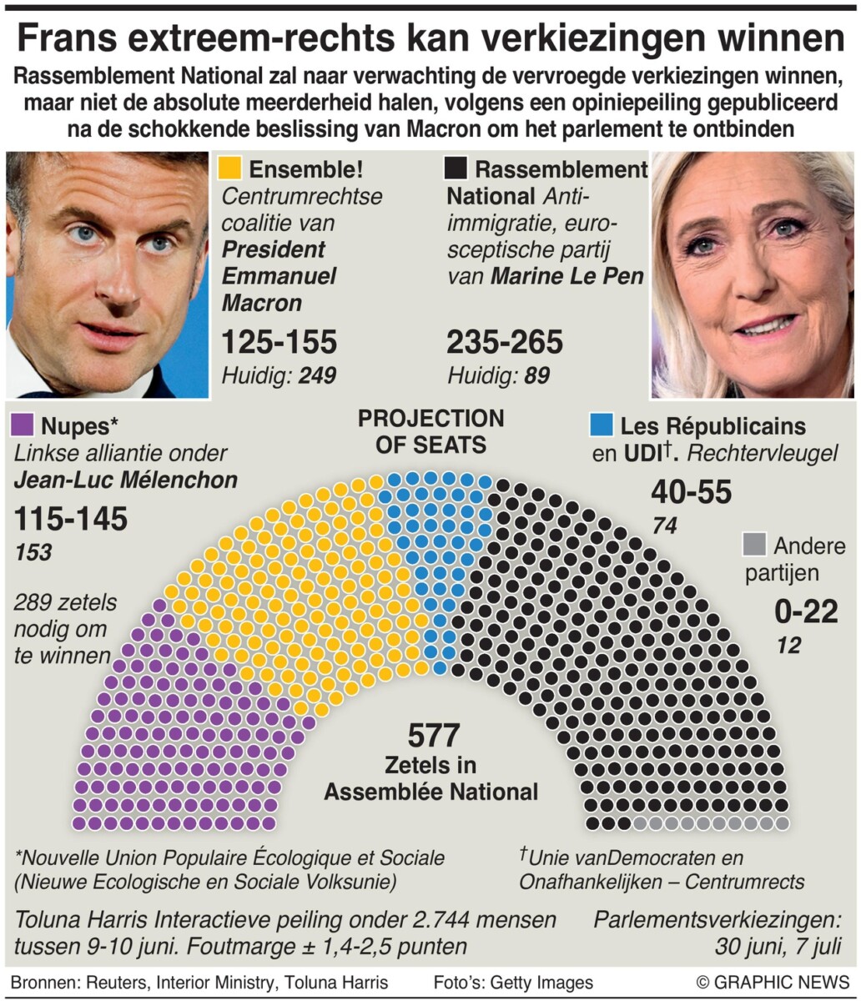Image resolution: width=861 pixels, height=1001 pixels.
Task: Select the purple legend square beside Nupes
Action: coord(23,425)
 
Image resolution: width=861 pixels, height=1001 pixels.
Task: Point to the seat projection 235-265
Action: coord(505,342)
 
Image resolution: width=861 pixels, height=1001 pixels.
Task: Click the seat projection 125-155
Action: coord(279,342)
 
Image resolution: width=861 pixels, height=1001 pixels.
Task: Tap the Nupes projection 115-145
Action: coord(71,519)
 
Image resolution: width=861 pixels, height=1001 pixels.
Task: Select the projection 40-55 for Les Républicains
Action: coord(691,492)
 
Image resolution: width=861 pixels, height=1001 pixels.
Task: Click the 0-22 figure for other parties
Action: coord(806,612)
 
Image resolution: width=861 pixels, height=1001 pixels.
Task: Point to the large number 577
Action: coord(434,736)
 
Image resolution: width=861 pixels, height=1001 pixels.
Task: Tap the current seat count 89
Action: coord(537,376)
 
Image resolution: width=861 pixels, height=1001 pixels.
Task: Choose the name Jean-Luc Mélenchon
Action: coord(126,480)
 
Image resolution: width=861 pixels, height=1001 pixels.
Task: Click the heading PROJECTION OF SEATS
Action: coord(430,431)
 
